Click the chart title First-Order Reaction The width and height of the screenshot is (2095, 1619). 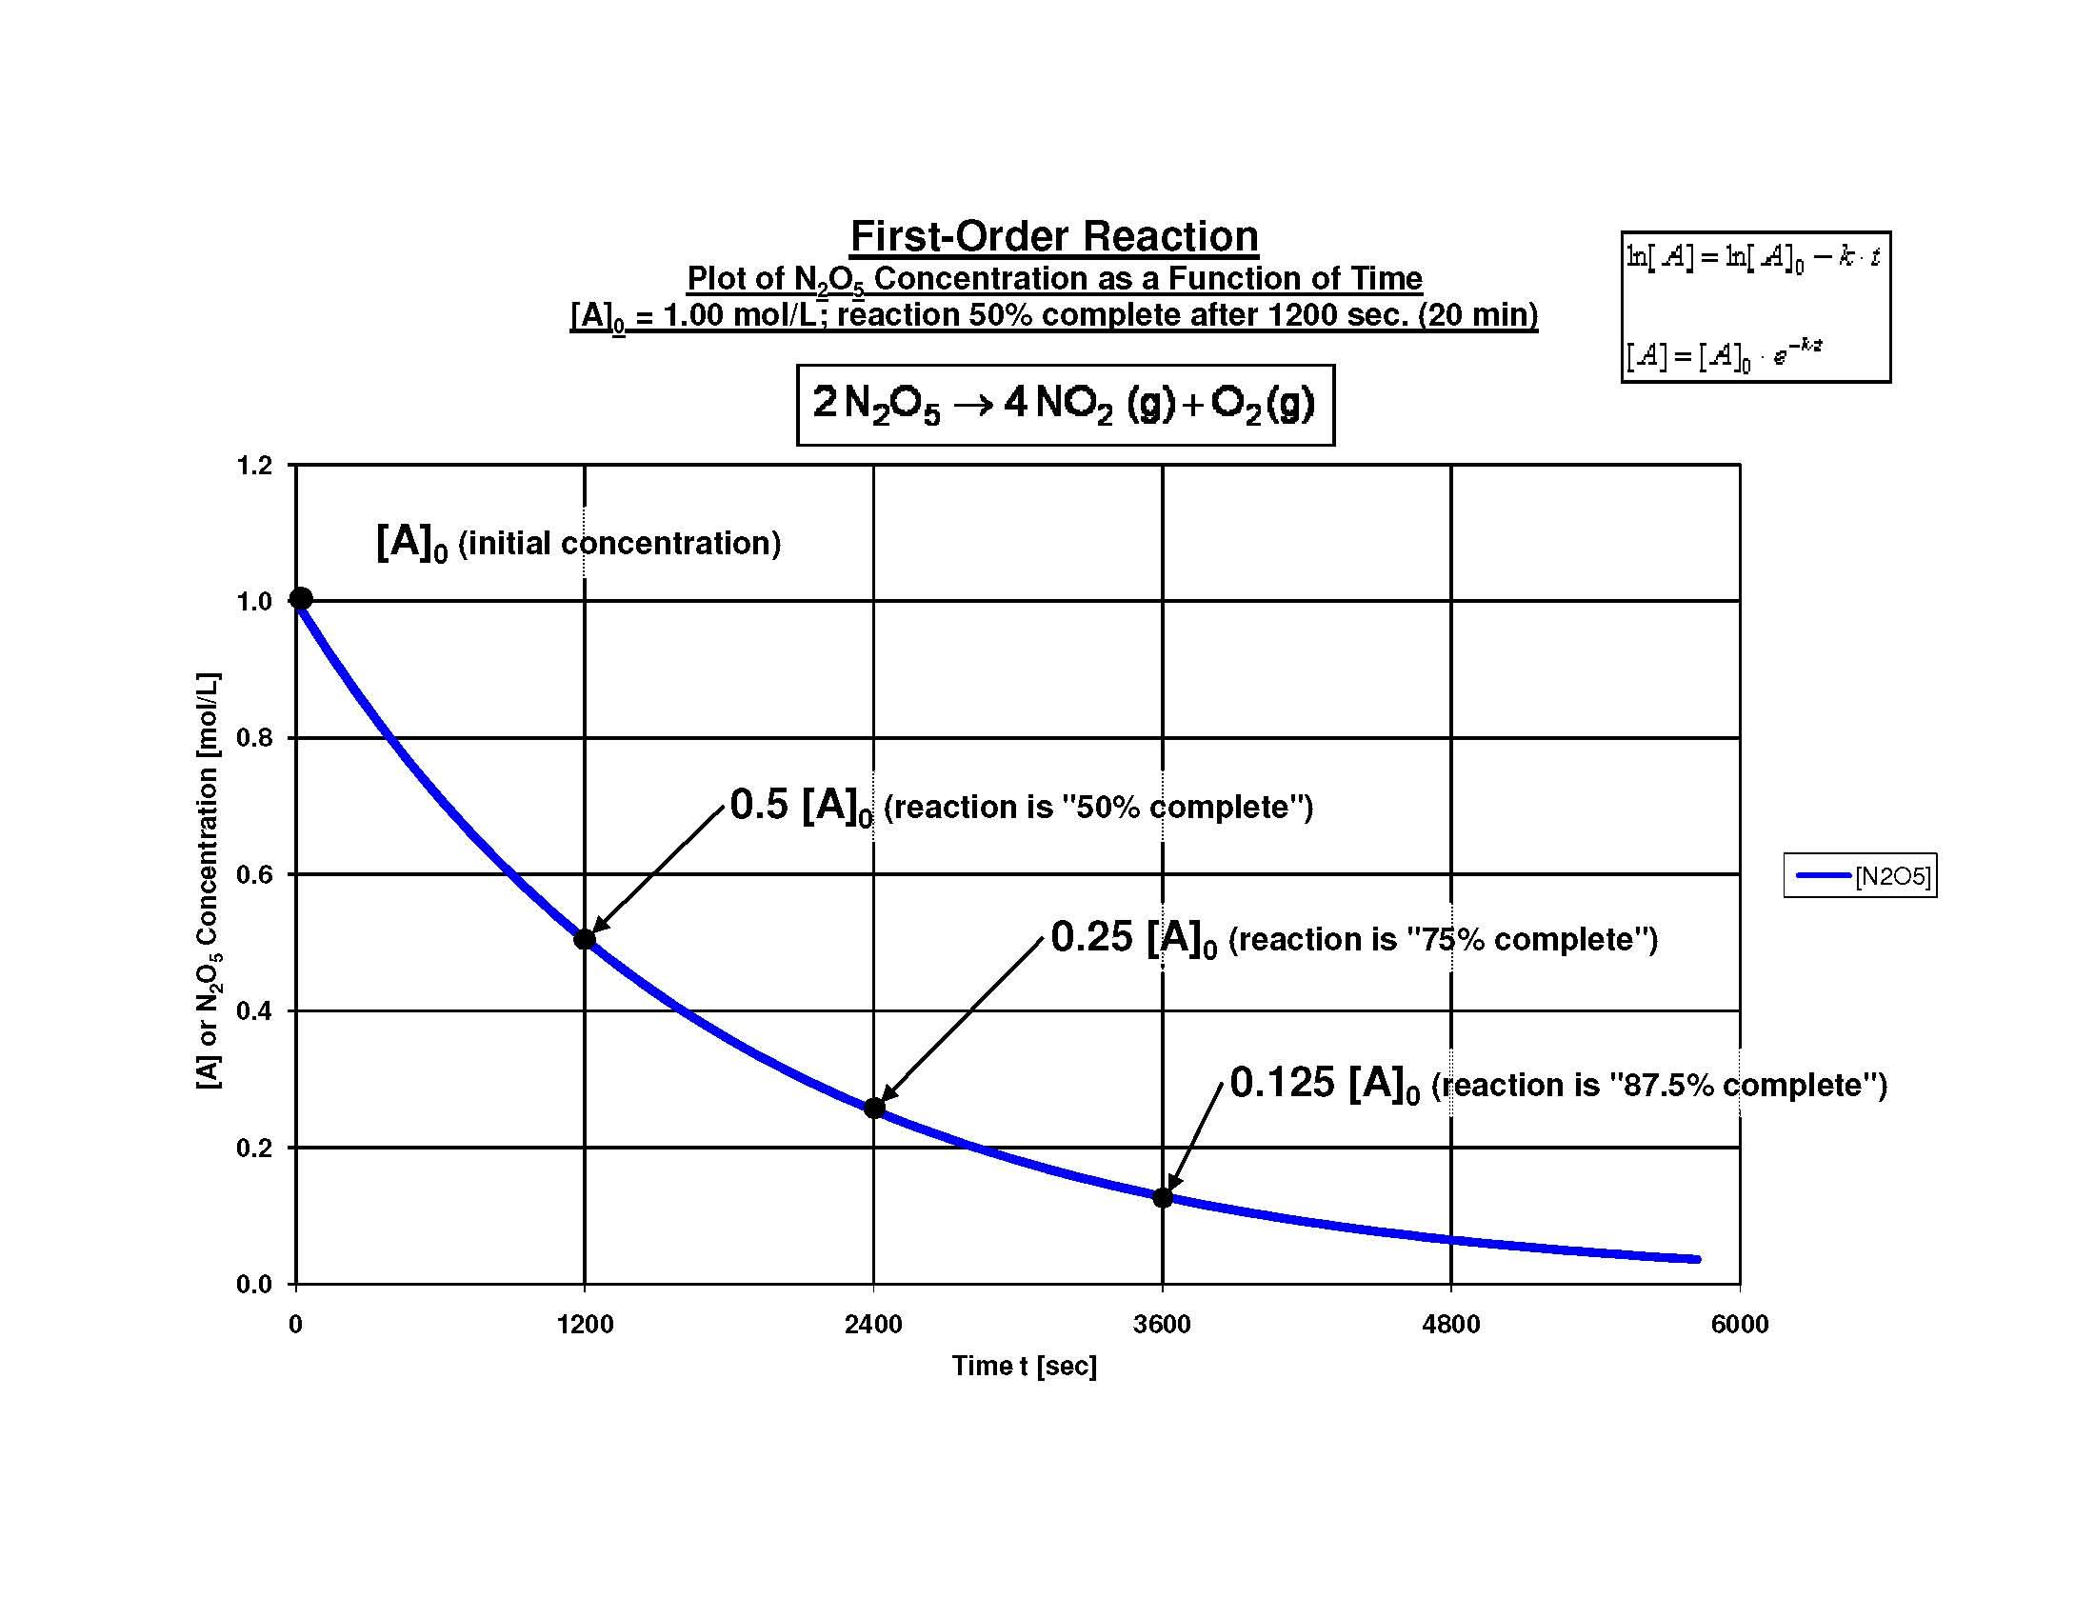click(1053, 236)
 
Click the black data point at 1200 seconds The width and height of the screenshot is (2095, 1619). click(584, 939)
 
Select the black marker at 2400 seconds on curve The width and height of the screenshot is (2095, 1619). click(874, 1108)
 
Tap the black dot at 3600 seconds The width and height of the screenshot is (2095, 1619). click(1163, 1197)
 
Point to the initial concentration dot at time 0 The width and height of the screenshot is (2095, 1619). click(301, 598)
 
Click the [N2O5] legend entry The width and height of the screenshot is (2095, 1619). click(1860, 875)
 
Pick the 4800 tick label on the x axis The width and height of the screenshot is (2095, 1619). click(1451, 1325)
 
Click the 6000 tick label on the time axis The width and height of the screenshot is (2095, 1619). click(1739, 1325)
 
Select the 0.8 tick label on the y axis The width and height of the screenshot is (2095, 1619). click(254, 737)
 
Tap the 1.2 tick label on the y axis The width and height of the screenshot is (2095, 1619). click(254, 466)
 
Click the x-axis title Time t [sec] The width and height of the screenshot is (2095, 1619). click(1024, 1366)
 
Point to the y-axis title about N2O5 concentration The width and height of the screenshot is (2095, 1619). click(209, 881)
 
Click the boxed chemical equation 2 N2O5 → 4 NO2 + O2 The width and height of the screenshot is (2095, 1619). click(1064, 404)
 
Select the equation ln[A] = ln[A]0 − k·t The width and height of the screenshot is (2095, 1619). click(1752, 257)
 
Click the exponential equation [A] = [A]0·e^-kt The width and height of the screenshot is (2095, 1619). click(1724, 356)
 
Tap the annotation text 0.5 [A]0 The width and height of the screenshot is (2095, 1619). click(801, 806)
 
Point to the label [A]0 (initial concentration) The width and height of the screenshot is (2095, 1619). click(578, 543)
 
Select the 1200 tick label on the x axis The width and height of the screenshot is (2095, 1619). click(584, 1325)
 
